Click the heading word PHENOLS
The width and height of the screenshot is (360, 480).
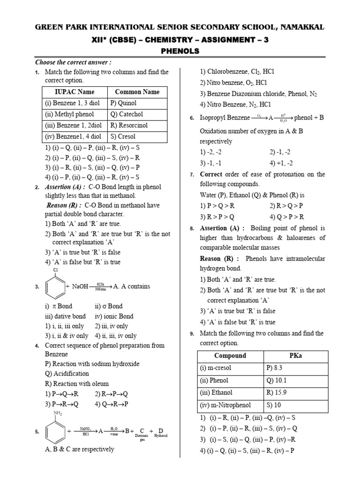click(x=180, y=51)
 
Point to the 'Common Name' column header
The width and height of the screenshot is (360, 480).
click(x=137, y=92)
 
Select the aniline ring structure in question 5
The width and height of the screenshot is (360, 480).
click(x=55, y=432)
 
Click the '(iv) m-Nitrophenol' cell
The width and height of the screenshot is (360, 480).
click(x=225, y=405)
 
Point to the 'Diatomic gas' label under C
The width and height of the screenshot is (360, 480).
click(x=141, y=438)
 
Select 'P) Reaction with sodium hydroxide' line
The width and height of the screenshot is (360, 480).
click(x=92, y=364)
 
